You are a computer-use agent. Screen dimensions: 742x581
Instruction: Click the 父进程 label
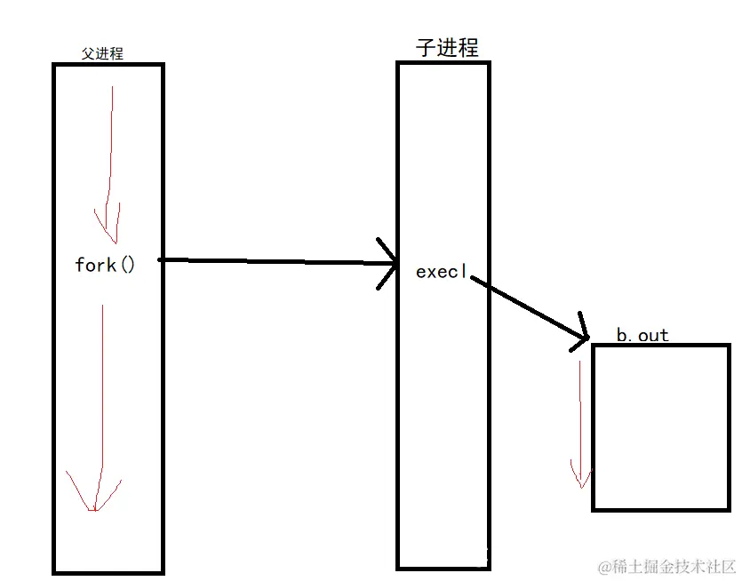pos(102,54)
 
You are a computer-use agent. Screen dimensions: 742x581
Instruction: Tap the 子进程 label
pos(447,47)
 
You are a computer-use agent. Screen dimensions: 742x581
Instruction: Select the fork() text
pos(105,265)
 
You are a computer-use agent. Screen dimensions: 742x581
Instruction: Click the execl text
pos(441,272)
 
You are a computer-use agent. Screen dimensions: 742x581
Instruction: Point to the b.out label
pos(642,335)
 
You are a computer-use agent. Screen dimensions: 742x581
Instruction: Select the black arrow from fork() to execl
pos(275,261)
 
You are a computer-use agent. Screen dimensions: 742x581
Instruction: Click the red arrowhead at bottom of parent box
pos(92,498)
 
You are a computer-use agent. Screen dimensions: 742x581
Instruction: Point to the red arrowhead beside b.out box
pos(580,476)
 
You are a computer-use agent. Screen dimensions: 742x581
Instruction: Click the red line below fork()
pos(101,391)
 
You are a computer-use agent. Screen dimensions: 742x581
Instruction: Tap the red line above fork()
pos(109,151)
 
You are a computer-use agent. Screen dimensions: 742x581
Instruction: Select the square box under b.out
pos(660,427)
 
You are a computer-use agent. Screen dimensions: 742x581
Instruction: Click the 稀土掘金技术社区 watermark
pos(666,566)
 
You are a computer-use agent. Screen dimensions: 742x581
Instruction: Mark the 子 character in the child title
pos(426,47)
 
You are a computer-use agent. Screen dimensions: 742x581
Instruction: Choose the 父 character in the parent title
pos(87,54)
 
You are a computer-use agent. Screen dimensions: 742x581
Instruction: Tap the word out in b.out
pos(653,335)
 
